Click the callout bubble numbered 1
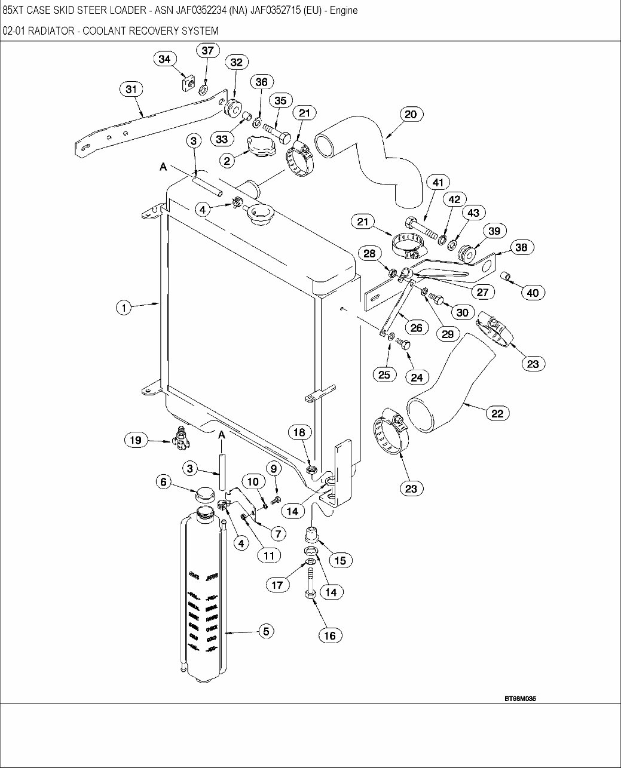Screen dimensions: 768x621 tap(124, 308)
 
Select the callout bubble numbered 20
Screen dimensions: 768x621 tap(411, 114)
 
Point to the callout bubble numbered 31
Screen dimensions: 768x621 tap(131, 90)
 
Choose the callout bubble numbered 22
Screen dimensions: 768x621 tap(497, 413)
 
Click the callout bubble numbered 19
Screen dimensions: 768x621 tap(136, 440)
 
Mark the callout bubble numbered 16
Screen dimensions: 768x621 tap(330, 635)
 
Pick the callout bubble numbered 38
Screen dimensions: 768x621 tap(521, 247)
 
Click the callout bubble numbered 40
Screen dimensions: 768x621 tap(533, 292)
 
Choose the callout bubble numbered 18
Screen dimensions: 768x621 tap(299, 432)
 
